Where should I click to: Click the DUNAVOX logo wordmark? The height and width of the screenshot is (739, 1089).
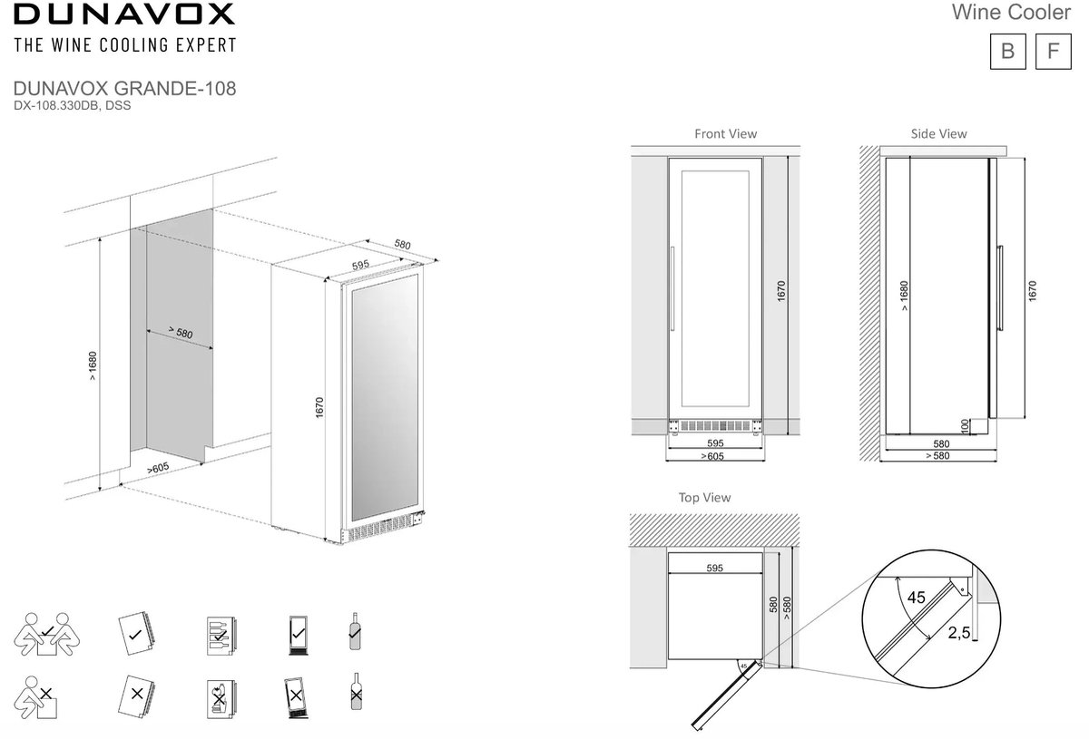click(x=124, y=15)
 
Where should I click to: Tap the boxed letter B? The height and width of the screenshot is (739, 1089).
click(x=1008, y=52)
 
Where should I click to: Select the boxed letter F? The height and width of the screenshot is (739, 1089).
click(x=1053, y=52)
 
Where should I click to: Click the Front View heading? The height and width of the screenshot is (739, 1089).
click(x=725, y=133)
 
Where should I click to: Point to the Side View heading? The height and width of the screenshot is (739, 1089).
click(x=938, y=133)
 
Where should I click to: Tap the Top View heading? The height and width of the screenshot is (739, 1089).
click(x=704, y=498)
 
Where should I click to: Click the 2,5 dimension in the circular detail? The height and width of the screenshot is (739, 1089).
click(x=958, y=633)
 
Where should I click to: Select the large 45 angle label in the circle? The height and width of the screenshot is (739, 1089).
click(x=916, y=598)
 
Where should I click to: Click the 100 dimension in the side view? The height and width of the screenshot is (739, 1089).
click(x=965, y=426)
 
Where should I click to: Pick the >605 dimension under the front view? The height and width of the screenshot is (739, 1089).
click(x=712, y=456)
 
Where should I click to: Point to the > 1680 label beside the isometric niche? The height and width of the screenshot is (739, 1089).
click(x=93, y=365)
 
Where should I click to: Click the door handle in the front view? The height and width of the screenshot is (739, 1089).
click(x=672, y=288)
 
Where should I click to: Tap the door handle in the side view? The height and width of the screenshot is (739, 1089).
click(x=1000, y=288)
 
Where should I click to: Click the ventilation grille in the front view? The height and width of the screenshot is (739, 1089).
click(x=715, y=426)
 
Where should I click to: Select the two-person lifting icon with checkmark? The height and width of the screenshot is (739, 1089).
click(x=46, y=634)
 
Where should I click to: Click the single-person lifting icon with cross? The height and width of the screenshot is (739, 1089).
click(x=35, y=697)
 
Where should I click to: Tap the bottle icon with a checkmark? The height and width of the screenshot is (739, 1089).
click(x=356, y=631)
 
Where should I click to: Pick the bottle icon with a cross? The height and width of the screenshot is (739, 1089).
click(x=357, y=692)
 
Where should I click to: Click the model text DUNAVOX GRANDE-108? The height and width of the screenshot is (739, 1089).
click(x=124, y=89)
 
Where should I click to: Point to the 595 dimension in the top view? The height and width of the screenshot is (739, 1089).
click(x=715, y=568)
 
